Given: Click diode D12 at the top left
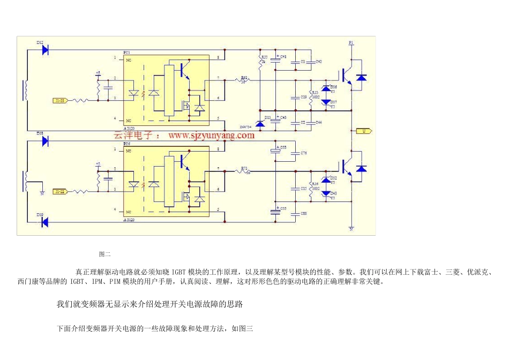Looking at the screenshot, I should [45, 50].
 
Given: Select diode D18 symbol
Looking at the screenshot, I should [45, 141].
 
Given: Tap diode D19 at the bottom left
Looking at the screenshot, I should [45, 222].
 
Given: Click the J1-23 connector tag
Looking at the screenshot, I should [60, 100].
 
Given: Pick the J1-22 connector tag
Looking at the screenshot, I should [60, 191].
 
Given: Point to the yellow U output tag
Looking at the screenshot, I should [364, 131].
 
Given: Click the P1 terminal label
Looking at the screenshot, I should [351, 41].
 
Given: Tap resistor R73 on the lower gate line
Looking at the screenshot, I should [244, 171].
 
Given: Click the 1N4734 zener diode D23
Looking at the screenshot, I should [260, 124].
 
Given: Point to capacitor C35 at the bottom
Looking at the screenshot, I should [275, 212].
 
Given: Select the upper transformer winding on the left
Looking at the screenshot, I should [25, 89].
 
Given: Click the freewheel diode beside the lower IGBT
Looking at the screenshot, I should [362, 169].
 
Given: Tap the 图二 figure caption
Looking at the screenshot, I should [104, 254].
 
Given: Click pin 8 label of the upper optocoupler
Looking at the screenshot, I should [218, 57].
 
